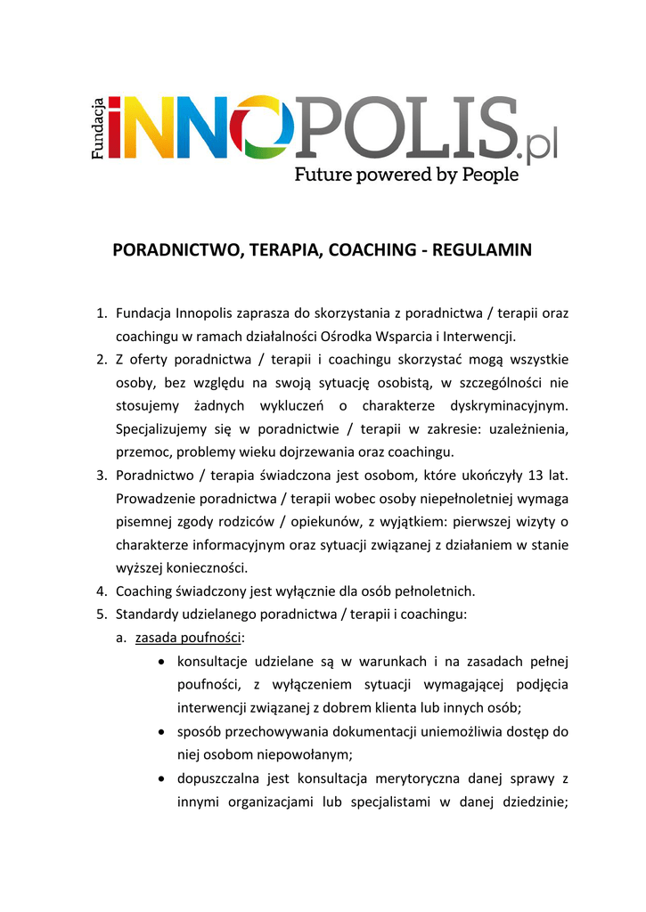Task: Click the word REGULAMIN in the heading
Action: pyautogui.click(x=482, y=250)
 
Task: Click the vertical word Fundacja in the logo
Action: pyautogui.click(x=101, y=128)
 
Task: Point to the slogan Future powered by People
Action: pyautogui.click(x=406, y=175)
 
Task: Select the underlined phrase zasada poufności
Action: pyautogui.click(x=189, y=637)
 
